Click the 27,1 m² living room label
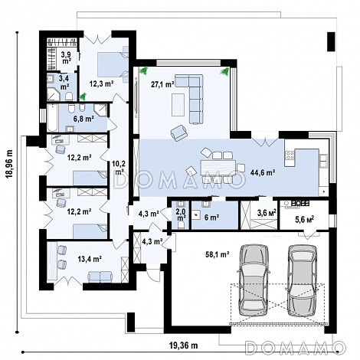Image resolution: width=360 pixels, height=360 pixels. click(162, 84)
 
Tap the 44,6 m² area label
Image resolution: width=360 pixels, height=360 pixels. click(263, 173)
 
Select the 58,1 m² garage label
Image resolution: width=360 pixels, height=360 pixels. click(217, 254)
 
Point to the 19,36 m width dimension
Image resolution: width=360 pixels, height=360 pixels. click(183, 345)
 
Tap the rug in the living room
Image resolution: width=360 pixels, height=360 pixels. click(178, 105)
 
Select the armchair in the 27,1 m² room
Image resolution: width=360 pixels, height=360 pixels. click(179, 133)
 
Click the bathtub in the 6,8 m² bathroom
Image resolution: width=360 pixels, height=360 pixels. click(53, 118)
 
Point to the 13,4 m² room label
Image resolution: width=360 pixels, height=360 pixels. click(90, 260)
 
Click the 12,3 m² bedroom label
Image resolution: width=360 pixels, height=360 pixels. click(101, 83)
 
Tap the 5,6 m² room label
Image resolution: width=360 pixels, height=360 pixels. click(304, 219)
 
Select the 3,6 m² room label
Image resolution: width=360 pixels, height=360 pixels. click(267, 213)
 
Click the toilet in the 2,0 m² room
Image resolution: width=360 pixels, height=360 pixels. click(182, 224)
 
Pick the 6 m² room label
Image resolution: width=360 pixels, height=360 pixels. click(211, 218)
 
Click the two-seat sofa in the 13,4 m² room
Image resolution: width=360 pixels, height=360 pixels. click(100, 277)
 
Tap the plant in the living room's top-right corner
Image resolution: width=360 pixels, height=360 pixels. click(225, 71)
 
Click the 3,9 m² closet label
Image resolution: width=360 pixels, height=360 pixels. click(66, 57)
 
